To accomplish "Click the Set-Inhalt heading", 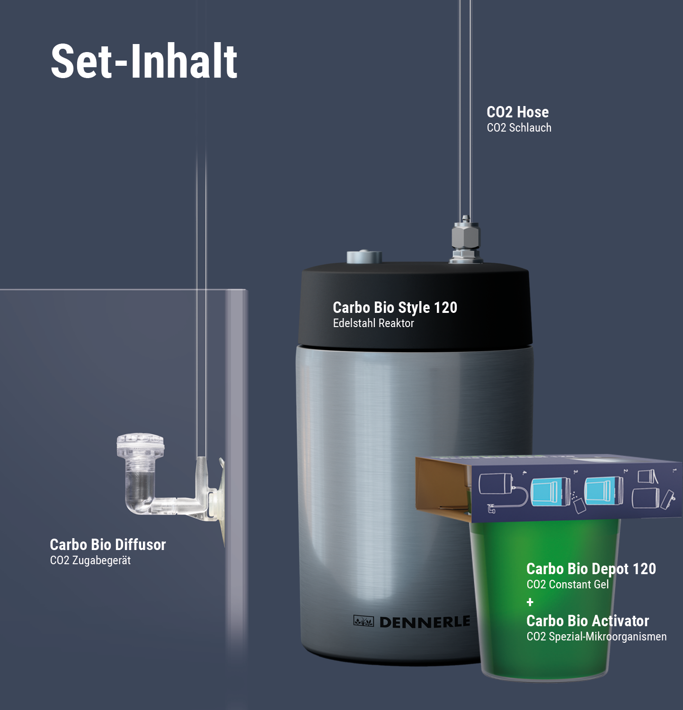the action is [144, 61].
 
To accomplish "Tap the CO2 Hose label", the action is [518, 112].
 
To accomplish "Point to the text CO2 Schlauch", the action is [519, 128].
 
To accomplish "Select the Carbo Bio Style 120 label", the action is [395, 308].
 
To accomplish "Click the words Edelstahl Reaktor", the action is [373, 323].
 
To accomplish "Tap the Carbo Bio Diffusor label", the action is [108, 545].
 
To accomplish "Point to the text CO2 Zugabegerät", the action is [90, 560].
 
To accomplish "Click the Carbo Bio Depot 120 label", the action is [591, 569].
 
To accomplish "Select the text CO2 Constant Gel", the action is [568, 585].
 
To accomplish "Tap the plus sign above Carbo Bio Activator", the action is [530, 602].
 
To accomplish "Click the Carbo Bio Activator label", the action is [588, 621].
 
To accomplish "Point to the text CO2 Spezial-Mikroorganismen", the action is [596, 637].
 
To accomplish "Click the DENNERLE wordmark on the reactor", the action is [425, 622].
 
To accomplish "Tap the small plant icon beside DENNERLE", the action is [364, 621].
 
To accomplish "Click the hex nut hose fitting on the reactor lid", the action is [465, 240].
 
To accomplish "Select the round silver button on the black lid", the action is [364, 257].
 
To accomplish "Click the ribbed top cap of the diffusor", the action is [141, 445].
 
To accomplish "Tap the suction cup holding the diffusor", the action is [221, 502].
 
